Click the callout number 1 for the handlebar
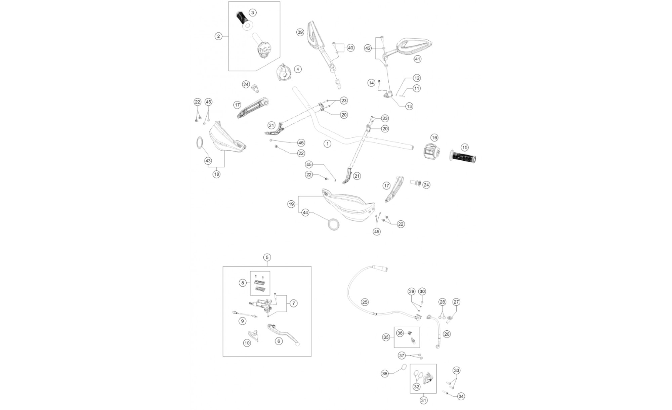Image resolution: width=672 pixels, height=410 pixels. point(327,144)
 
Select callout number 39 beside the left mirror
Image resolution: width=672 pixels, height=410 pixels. point(300,32)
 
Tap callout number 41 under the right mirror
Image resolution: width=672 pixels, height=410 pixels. point(417,59)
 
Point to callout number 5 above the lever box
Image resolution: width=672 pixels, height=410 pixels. point(267,257)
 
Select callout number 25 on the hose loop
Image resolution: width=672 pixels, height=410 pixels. point(365,302)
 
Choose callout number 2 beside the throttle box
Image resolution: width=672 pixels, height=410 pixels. point(219,36)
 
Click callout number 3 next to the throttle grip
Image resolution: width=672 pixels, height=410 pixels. point(253,13)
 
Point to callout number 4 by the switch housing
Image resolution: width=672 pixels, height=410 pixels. point(297,69)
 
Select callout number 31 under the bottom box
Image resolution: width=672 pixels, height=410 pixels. point(423,401)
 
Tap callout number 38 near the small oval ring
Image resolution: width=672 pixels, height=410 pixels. point(385,373)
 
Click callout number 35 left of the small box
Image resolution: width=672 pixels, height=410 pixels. point(386,337)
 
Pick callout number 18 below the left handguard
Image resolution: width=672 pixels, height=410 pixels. point(216,174)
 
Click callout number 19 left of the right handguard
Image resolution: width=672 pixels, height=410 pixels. point(291,204)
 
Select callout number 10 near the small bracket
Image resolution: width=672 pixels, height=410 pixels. point(247,343)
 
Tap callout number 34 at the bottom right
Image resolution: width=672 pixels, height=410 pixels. point(461,397)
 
